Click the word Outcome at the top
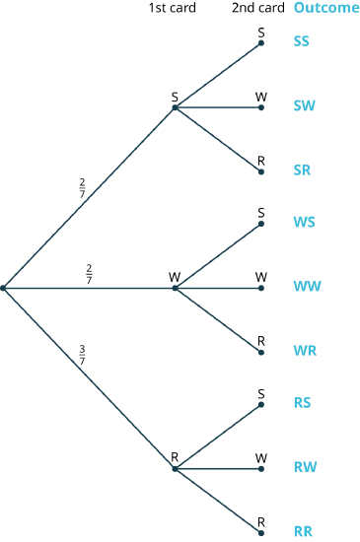pos(325,8)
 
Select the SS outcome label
pos(301,41)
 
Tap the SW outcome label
pos(304,105)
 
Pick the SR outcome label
pos(302,169)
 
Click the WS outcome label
pos(304,222)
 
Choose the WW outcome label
pos(307,287)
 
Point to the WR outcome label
pos(305,350)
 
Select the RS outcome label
pos(302,402)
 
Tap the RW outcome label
pos(305,466)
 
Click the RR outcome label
pos(303,531)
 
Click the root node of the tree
pos(4,288)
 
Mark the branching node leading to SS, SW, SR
pos(175,107)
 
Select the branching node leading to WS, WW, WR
pos(175,288)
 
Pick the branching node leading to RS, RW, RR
pos(175,468)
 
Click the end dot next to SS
pos(260,43)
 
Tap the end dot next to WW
pos(260,288)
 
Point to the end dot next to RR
pos(260,532)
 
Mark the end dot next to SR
pos(260,171)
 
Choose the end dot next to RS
pos(260,404)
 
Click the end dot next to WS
pos(260,224)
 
